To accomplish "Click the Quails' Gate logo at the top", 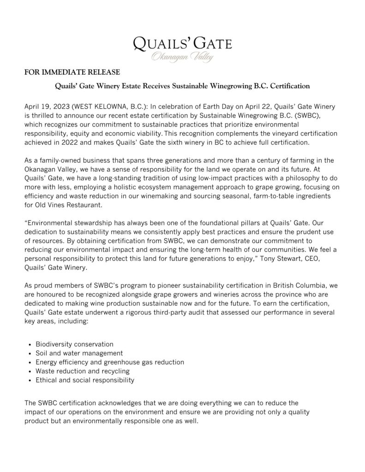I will coord(182,44).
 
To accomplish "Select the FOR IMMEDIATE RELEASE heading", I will coord(72,72).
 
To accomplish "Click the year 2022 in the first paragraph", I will coord(62,142).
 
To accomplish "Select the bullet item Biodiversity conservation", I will coord(74,344).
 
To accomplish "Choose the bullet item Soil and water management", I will coord(79,353).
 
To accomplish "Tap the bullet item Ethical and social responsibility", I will coord(85,380).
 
